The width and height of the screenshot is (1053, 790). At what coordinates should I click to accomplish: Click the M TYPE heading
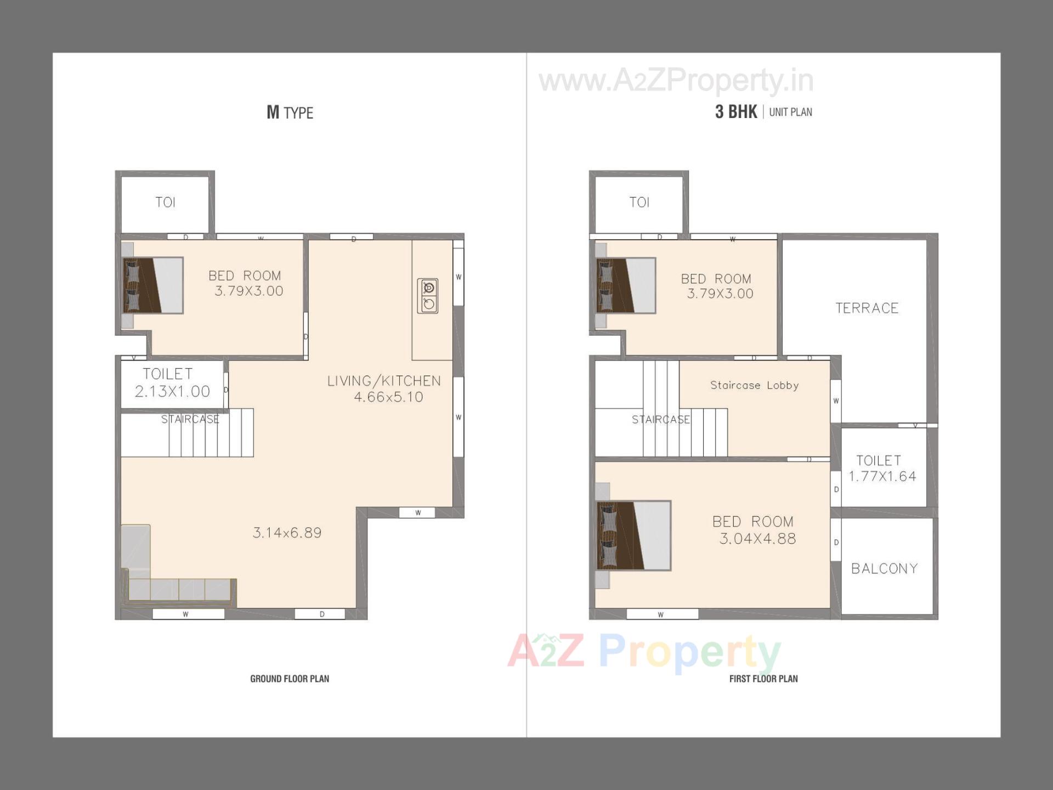pyautogui.click(x=290, y=112)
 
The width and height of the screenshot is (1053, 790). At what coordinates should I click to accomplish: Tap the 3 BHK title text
pyautogui.click(x=735, y=112)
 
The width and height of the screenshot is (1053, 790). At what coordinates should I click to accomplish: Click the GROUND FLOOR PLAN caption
pyautogui.click(x=290, y=679)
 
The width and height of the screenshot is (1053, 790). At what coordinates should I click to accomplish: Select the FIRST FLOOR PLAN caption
pyautogui.click(x=763, y=679)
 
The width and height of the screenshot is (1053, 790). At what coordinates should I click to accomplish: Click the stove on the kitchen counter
pyautogui.click(x=428, y=296)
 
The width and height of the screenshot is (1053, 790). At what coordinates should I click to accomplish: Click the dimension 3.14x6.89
pyautogui.click(x=287, y=533)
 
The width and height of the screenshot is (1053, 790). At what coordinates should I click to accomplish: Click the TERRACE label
pyautogui.click(x=867, y=308)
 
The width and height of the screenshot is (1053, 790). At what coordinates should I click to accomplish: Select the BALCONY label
pyautogui.click(x=884, y=568)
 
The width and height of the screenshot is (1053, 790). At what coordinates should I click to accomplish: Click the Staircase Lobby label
pyautogui.click(x=754, y=385)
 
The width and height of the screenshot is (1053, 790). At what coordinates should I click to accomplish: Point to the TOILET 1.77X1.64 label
pyautogui.click(x=881, y=468)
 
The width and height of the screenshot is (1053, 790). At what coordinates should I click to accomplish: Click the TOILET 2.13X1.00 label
pyautogui.click(x=171, y=382)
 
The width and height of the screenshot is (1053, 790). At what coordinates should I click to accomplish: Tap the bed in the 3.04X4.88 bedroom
pyautogui.click(x=633, y=535)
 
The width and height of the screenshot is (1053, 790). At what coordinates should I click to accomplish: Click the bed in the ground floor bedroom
pyautogui.click(x=153, y=285)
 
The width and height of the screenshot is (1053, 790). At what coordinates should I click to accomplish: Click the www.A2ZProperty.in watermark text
pyautogui.click(x=676, y=81)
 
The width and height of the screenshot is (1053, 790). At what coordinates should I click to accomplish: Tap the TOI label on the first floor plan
pyautogui.click(x=639, y=202)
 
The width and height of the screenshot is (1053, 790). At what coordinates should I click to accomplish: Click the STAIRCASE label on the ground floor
pyautogui.click(x=190, y=420)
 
